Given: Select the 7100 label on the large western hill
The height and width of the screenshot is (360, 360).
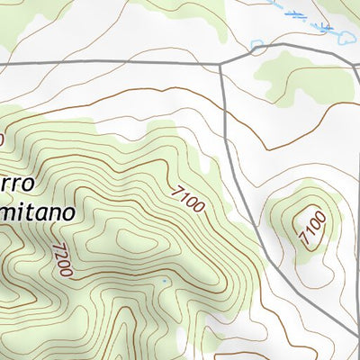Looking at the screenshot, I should click(187, 198).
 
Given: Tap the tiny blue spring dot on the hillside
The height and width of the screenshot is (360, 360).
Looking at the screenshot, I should click(165, 282).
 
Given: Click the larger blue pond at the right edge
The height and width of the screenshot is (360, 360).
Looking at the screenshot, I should click(346, 37).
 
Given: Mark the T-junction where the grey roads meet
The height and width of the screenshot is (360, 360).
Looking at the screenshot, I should click(220, 64).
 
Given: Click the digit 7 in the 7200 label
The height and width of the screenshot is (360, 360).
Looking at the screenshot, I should click(56, 246).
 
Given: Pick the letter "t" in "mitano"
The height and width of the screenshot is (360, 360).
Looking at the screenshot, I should click(26, 213).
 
